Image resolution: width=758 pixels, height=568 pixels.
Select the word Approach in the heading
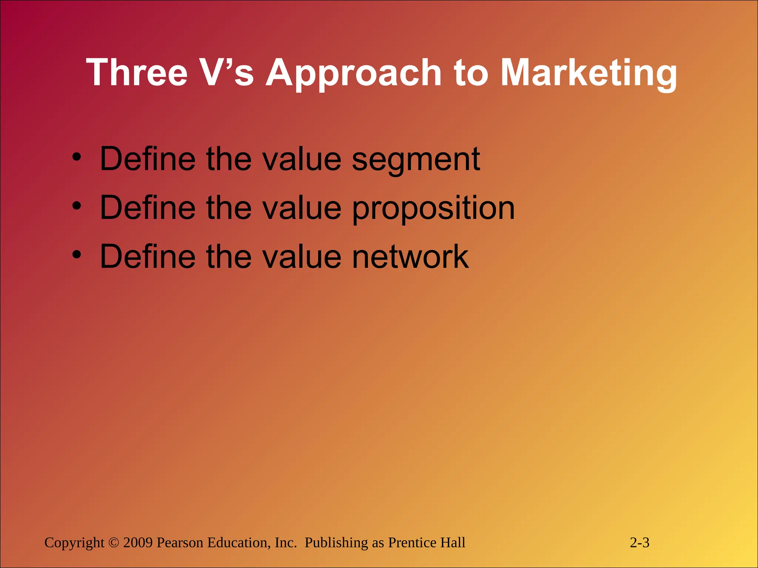[353, 73]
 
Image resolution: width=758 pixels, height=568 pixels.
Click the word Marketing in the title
[588, 73]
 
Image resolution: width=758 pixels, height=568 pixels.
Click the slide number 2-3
[640, 542]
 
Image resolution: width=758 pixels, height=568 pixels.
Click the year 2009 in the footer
[138, 542]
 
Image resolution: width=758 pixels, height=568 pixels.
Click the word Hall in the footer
[453, 542]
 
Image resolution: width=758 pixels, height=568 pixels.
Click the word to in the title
[470, 73]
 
